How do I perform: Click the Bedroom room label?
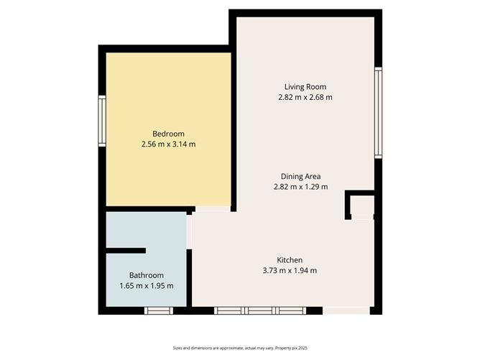[168, 134]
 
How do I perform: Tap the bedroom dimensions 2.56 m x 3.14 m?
[168, 144]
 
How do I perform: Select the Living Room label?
[305, 87]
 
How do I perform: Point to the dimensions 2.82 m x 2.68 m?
[305, 97]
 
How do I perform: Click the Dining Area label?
[300, 176]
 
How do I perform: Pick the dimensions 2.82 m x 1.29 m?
[300, 187]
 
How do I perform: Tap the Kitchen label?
[290, 260]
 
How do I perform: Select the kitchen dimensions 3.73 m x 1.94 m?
[290, 271]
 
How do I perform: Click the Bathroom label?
[147, 275]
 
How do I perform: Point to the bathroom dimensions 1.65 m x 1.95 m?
[147, 286]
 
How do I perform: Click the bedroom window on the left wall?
[102, 121]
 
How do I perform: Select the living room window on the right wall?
[379, 113]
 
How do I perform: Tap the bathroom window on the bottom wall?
[159, 310]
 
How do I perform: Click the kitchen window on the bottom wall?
[260, 310]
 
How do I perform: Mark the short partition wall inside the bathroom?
[126, 251]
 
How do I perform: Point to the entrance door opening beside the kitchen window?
[346, 310]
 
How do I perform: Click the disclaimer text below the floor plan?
[240, 348]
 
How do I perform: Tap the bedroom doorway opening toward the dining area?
[213, 209]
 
